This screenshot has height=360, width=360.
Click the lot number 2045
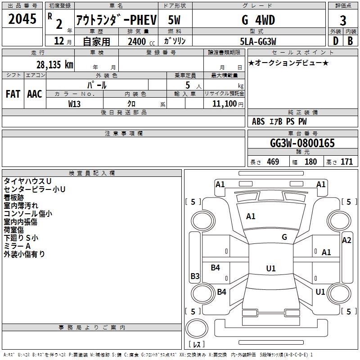click(22, 19)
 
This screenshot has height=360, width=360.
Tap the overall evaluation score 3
click(343, 21)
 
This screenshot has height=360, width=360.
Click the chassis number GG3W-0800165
click(302, 143)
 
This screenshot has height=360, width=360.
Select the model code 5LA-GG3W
click(258, 41)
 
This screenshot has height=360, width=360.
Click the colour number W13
click(75, 103)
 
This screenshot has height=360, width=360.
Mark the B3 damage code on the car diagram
click(195, 276)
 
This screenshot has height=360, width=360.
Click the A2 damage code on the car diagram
click(346, 240)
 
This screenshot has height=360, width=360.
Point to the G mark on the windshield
click(284, 237)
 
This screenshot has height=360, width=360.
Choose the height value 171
click(346, 162)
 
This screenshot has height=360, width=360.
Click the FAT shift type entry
click(13, 94)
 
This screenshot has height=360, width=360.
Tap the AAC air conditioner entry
click(35, 94)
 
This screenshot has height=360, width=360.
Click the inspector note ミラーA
click(17, 246)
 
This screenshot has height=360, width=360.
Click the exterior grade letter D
click(335, 41)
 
